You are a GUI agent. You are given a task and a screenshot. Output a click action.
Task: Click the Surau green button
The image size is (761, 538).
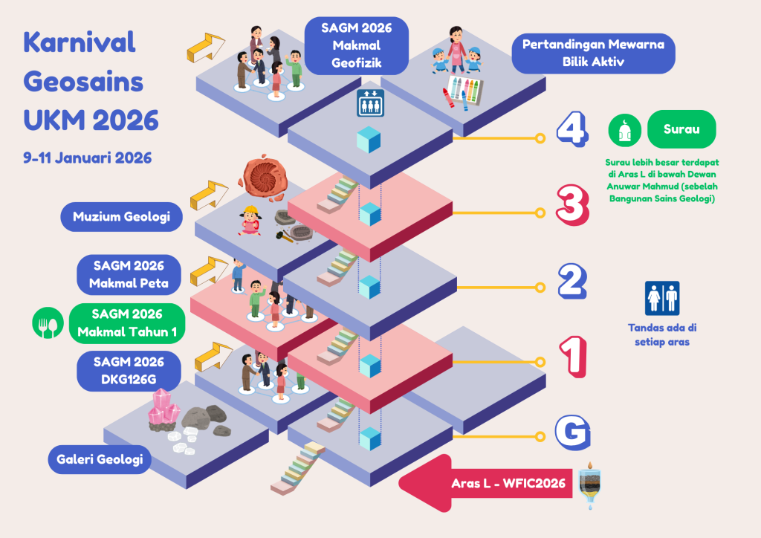click(681, 129)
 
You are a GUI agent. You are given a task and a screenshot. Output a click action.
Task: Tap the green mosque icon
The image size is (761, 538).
click(624, 131)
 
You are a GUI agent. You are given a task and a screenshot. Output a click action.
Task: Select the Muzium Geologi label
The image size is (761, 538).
click(121, 217)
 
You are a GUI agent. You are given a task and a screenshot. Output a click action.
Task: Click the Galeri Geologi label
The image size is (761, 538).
click(99, 459)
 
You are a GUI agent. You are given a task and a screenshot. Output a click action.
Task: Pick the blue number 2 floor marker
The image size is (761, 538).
click(573, 282)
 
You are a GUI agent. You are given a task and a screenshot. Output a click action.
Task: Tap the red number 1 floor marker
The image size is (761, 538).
click(573, 356)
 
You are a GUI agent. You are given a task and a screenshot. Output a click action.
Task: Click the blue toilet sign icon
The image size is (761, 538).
click(662, 297)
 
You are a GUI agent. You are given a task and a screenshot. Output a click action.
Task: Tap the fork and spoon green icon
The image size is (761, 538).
click(47, 323)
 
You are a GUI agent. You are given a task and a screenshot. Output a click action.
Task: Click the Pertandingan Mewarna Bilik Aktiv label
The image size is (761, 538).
click(592, 53)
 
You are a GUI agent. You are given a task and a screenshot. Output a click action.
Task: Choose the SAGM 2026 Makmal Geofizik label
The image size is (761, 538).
click(357, 46)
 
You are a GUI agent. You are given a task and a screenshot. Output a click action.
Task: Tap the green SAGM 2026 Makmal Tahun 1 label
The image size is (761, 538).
click(127, 323)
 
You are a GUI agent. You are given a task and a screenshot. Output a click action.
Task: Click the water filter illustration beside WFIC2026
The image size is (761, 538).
click(590, 484)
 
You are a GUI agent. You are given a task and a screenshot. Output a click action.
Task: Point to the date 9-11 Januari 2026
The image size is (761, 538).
click(88, 158)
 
